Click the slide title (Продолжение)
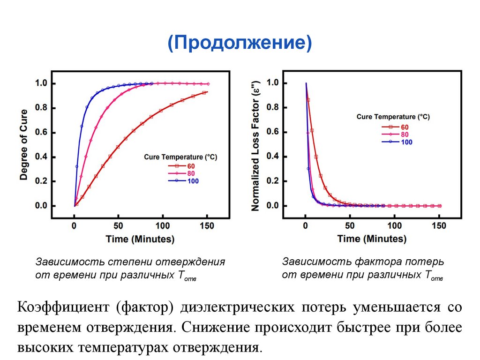pos(240,45)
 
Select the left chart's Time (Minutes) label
pos(140,239)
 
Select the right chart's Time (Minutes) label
pos(372,239)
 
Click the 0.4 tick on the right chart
pos(273,157)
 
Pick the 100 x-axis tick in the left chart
pos(163,226)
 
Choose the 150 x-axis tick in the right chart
pos(439,226)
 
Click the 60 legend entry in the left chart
pos(191,166)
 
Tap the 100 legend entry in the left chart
pos(193,181)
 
